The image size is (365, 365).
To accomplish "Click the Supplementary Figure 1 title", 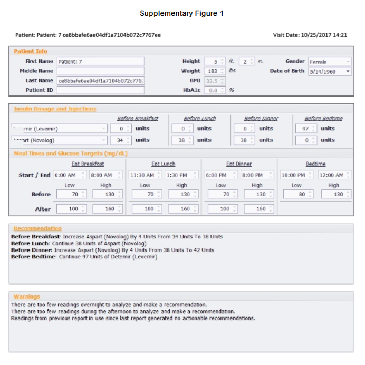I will click(181, 13).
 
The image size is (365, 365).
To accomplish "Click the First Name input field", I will click(100, 61).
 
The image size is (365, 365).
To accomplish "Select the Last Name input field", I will click(100, 81).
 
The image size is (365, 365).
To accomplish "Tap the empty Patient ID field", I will click(100, 90).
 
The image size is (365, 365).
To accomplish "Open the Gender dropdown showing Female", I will click(330, 62).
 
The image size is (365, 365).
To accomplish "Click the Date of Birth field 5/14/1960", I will click(330, 71).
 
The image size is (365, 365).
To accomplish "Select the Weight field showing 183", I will click(214, 71).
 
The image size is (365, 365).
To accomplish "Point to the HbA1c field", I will click(214, 90).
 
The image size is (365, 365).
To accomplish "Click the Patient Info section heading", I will click(31, 51).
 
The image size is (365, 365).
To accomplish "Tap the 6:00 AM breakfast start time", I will click(68, 175).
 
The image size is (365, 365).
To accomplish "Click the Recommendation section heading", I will click(37, 228).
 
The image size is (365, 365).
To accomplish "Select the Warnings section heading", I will click(27, 297).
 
